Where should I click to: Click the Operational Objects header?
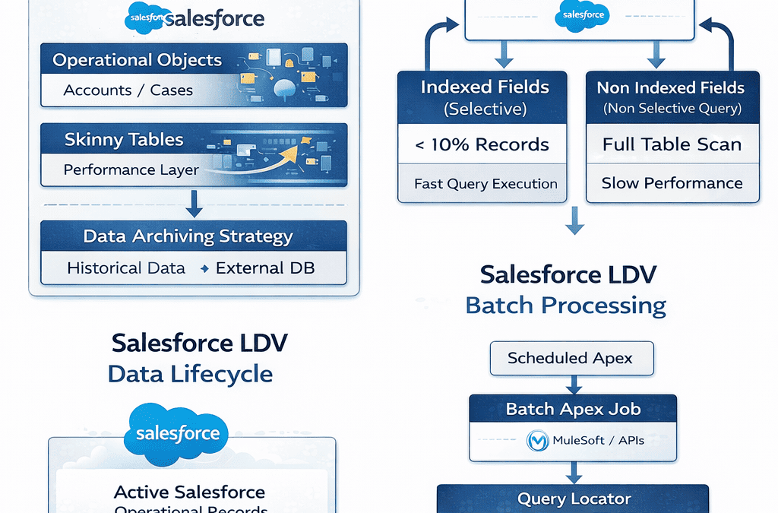click(137, 61)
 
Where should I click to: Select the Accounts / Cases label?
click(128, 90)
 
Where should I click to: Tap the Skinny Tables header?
click(124, 140)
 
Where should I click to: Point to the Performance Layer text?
click(131, 170)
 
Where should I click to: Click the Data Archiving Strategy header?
click(188, 236)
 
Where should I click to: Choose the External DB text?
click(264, 268)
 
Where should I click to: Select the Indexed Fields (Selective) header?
click(485, 97)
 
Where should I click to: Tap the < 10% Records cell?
click(482, 144)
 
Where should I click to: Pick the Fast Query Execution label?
click(485, 184)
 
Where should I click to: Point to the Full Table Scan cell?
click(672, 144)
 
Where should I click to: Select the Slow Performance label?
click(672, 183)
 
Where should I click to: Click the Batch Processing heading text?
click(565, 306)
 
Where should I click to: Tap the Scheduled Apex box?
click(570, 358)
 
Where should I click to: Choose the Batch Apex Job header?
click(573, 409)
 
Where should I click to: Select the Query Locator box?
click(574, 499)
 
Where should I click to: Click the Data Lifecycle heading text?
click(190, 374)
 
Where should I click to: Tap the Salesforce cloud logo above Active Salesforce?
click(177, 433)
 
